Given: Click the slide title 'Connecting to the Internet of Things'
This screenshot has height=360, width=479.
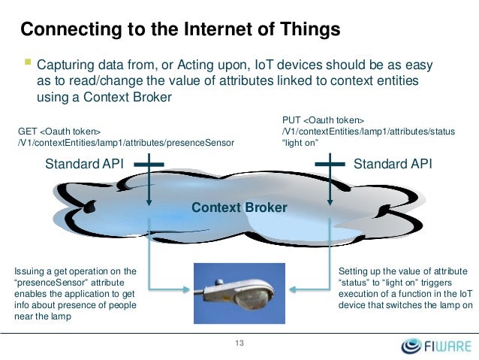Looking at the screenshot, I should click(x=180, y=30).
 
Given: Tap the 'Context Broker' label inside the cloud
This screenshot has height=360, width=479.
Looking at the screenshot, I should click(x=239, y=207).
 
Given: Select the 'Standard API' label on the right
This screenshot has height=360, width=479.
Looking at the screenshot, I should click(x=393, y=164).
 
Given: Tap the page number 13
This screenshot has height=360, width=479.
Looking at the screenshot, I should click(x=239, y=343).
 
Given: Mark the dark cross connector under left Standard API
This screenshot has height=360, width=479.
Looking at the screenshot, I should click(x=151, y=165).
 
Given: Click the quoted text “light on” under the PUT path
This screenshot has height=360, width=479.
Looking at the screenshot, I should click(x=300, y=142).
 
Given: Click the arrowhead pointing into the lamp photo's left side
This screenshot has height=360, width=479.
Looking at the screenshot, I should click(x=189, y=287).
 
